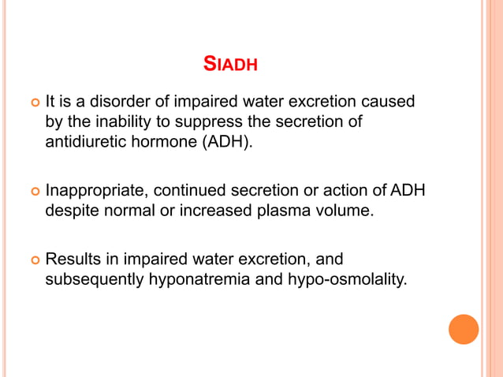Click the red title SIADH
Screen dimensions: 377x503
pyautogui.click(x=230, y=64)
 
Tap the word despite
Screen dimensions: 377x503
pyautogui.click(x=70, y=211)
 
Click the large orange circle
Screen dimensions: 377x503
pyautogui.click(x=464, y=329)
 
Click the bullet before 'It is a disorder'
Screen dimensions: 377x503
pyautogui.click(x=33, y=103)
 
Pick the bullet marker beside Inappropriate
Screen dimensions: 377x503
pyautogui.click(x=33, y=192)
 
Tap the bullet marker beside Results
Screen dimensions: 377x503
pyautogui.click(x=33, y=259)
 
